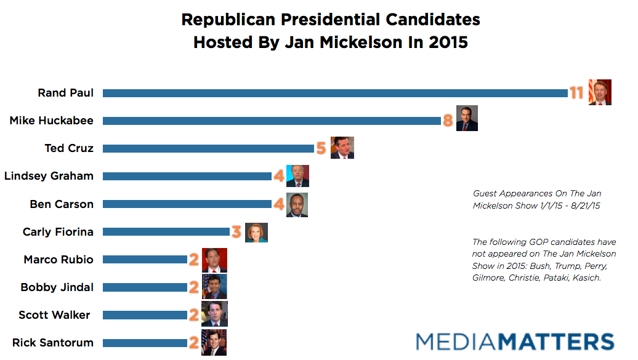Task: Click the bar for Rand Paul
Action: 335,93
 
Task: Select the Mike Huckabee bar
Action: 272,121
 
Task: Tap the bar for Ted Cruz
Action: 209,148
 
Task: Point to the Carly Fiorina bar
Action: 166,232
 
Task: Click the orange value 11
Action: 576,93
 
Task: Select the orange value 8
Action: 448,121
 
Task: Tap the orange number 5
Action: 321,148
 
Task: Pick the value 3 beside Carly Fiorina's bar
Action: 236,232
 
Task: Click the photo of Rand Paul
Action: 600,92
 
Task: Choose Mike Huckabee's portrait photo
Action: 466,118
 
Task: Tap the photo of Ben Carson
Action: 297,205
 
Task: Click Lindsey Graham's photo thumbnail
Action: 297,176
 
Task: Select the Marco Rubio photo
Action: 214,260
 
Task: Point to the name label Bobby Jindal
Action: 57,287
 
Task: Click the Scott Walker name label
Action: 54,315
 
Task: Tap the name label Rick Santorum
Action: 53,343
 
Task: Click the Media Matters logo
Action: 515,342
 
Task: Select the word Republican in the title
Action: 228,20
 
